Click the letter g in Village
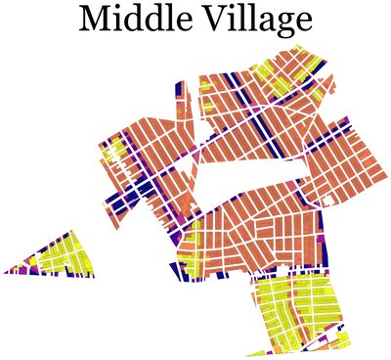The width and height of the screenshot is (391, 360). click(x=276, y=23)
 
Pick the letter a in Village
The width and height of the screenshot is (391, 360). click(x=258, y=22)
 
